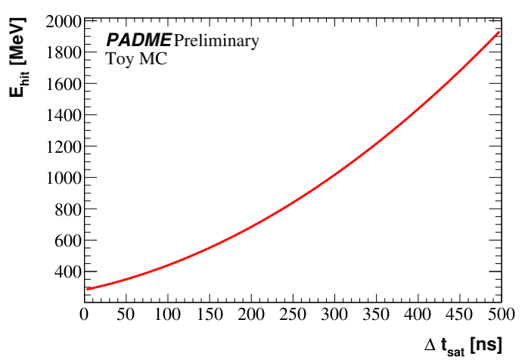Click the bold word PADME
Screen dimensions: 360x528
[138, 40]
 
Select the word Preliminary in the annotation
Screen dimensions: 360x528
[216, 40]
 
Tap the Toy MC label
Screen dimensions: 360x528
[135, 58]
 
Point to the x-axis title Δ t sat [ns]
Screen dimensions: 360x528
[463, 345]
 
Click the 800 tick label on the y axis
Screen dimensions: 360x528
[69, 209]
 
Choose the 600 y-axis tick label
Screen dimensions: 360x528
[69, 241]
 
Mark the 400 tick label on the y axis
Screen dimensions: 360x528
[69, 272]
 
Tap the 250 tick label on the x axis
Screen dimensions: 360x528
[293, 313]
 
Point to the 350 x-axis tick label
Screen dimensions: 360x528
[376, 313]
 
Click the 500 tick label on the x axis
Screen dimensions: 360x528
[499, 313]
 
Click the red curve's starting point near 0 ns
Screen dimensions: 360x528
[88, 289]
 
